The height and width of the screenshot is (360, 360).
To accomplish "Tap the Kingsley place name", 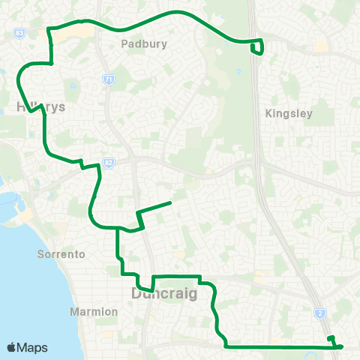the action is [x=288, y=114].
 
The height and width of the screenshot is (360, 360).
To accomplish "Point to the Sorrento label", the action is [x=61, y=254].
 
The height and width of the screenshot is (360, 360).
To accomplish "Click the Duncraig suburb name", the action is [x=164, y=293].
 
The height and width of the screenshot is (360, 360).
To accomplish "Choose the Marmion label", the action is [x=94, y=311].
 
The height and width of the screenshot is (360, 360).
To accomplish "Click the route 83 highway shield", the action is [x=19, y=34].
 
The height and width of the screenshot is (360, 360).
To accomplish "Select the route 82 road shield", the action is [x=109, y=162].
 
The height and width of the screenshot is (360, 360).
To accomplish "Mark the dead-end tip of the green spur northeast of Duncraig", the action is [x=171, y=202].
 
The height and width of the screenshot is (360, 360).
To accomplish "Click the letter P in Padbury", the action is [x=124, y=44].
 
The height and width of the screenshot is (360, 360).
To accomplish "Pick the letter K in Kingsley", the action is [x=269, y=114].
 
